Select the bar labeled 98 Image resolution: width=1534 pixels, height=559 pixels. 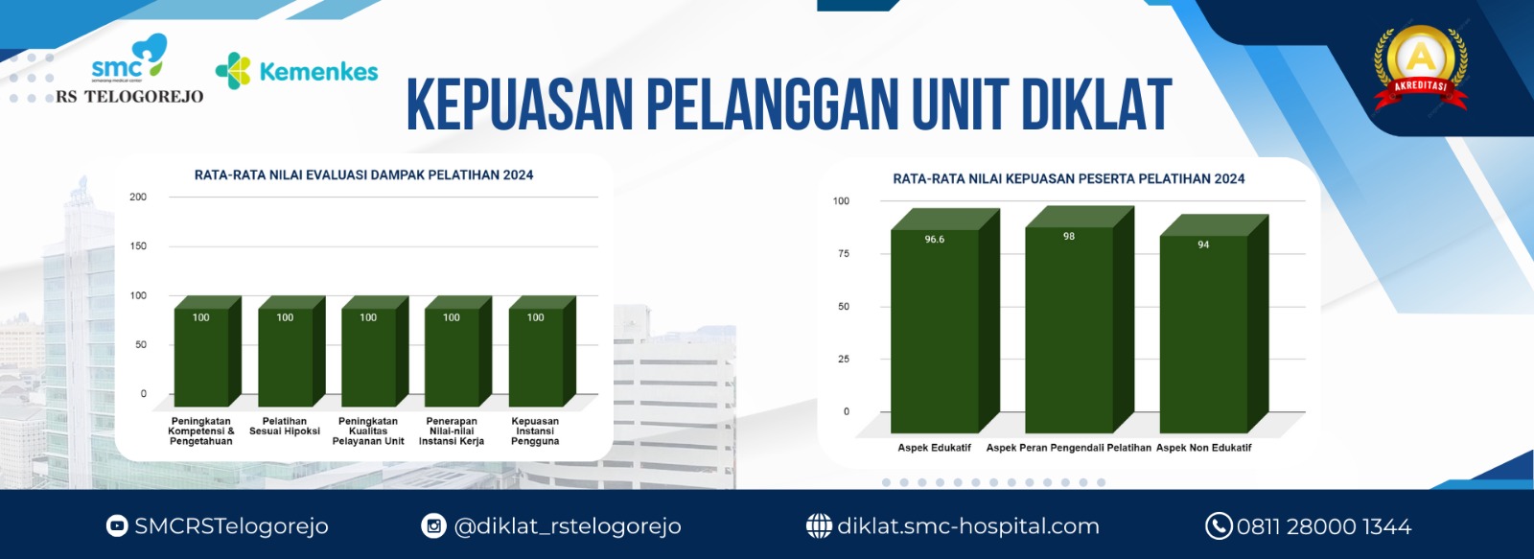1080,319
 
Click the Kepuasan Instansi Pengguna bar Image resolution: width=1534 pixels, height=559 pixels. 542,352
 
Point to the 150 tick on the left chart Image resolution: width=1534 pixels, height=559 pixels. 138,245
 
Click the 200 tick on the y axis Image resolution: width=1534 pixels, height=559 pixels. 138,197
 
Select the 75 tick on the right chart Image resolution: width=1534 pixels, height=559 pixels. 843,253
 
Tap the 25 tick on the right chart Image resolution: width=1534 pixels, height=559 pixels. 843,359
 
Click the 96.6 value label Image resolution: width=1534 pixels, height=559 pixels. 934,239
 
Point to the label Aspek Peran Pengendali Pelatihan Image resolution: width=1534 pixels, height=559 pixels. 1068,448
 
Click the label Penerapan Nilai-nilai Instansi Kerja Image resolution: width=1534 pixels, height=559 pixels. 452,431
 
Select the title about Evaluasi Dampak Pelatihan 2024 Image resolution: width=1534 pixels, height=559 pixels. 363,175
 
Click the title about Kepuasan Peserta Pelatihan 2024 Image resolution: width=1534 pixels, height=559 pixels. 1068,178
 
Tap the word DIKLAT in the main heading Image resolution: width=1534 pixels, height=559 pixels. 1097,105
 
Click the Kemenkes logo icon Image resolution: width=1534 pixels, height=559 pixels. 233,71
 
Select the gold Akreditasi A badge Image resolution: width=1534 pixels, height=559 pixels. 1420,67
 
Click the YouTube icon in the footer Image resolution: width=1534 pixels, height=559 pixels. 117,526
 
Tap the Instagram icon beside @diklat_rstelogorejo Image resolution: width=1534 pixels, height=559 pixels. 433,526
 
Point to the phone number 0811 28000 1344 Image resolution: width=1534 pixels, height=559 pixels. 1324,526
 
